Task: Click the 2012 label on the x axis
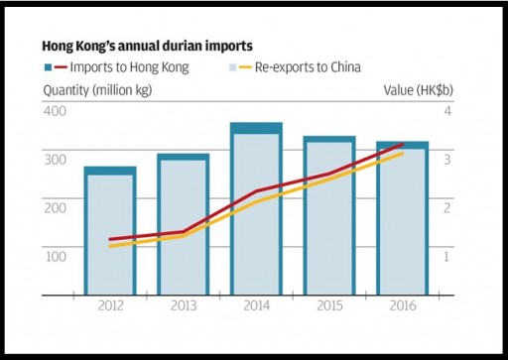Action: [x=110, y=306]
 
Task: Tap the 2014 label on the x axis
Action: [x=256, y=306]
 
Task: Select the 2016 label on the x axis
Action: [x=402, y=306]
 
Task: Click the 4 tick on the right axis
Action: [x=446, y=109]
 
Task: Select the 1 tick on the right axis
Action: [x=446, y=256]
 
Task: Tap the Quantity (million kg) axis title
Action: [x=97, y=89]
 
